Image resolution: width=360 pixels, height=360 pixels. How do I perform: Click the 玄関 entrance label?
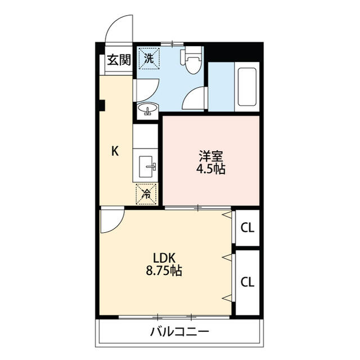pyautogui.click(x=119, y=60)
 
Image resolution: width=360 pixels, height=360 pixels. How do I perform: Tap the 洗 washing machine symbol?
pyautogui.click(x=149, y=58)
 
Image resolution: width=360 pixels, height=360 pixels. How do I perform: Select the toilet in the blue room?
pyautogui.click(x=191, y=60)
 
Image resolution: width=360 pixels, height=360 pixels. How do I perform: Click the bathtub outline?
pyautogui.click(x=247, y=87)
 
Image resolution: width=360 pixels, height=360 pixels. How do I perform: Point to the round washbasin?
pyautogui.click(x=148, y=109)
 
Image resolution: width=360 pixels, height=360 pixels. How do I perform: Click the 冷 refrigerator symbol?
pyautogui.click(x=146, y=194)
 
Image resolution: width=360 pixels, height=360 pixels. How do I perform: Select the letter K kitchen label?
pyautogui.click(x=115, y=151)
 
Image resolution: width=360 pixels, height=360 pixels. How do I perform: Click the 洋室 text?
pyautogui.click(x=211, y=156)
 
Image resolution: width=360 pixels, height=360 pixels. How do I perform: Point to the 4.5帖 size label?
pyautogui.click(x=211, y=169)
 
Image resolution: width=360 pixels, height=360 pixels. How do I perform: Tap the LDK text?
pyautogui.click(x=164, y=258)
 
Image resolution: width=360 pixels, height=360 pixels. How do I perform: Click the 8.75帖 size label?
pyautogui.click(x=164, y=271)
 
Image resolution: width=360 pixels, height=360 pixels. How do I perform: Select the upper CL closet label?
pyautogui.click(x=247, y=228)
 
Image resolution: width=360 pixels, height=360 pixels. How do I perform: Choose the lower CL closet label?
pyautogui.click(x=247, y=282)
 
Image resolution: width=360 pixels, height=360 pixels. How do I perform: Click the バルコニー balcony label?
pyautogui.click(x=180, y=331)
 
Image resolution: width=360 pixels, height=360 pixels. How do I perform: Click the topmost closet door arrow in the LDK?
pyautogui.click(x=227, y=215)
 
